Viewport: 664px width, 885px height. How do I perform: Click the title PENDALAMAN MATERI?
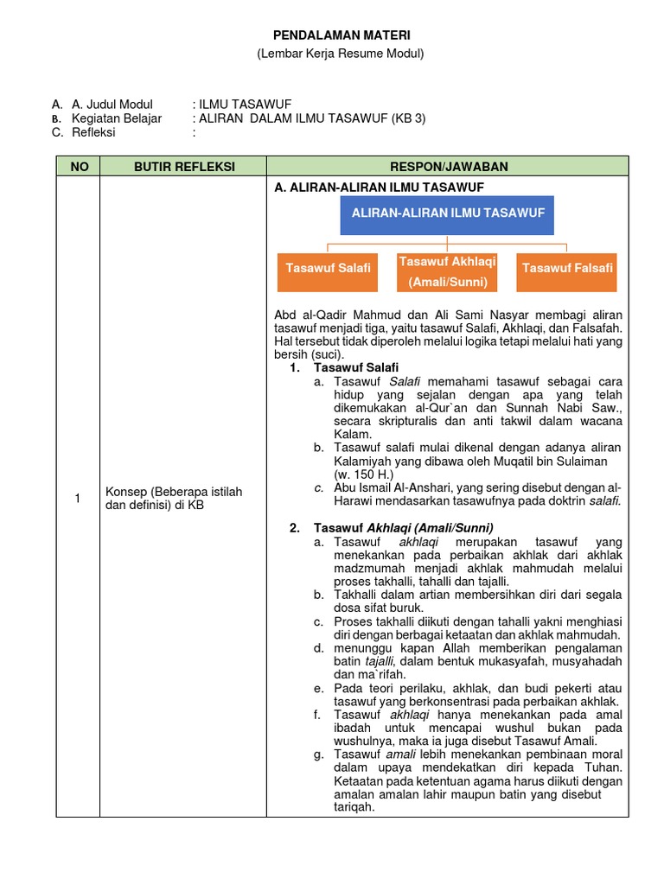point(342,35)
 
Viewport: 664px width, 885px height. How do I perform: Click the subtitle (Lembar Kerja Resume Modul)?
point(342,54)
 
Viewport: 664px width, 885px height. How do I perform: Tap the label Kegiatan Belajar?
point(117,118)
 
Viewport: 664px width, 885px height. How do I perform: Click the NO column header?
point(79,166)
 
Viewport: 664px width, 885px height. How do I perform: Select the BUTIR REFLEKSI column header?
point(184,166)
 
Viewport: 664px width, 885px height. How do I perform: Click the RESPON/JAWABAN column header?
point(447,166)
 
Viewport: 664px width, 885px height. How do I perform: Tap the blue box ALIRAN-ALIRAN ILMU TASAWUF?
point(447,213)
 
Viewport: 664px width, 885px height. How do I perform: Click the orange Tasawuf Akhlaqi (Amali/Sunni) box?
point(447,271)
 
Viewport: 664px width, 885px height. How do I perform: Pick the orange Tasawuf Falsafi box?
point(567,268)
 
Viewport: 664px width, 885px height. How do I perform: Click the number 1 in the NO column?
point(78,498)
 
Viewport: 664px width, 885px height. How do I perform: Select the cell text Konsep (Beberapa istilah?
point(174,492)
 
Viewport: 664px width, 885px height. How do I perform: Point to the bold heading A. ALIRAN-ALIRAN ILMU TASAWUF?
point(378,187)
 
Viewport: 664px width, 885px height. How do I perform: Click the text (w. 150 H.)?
point(363,474)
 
